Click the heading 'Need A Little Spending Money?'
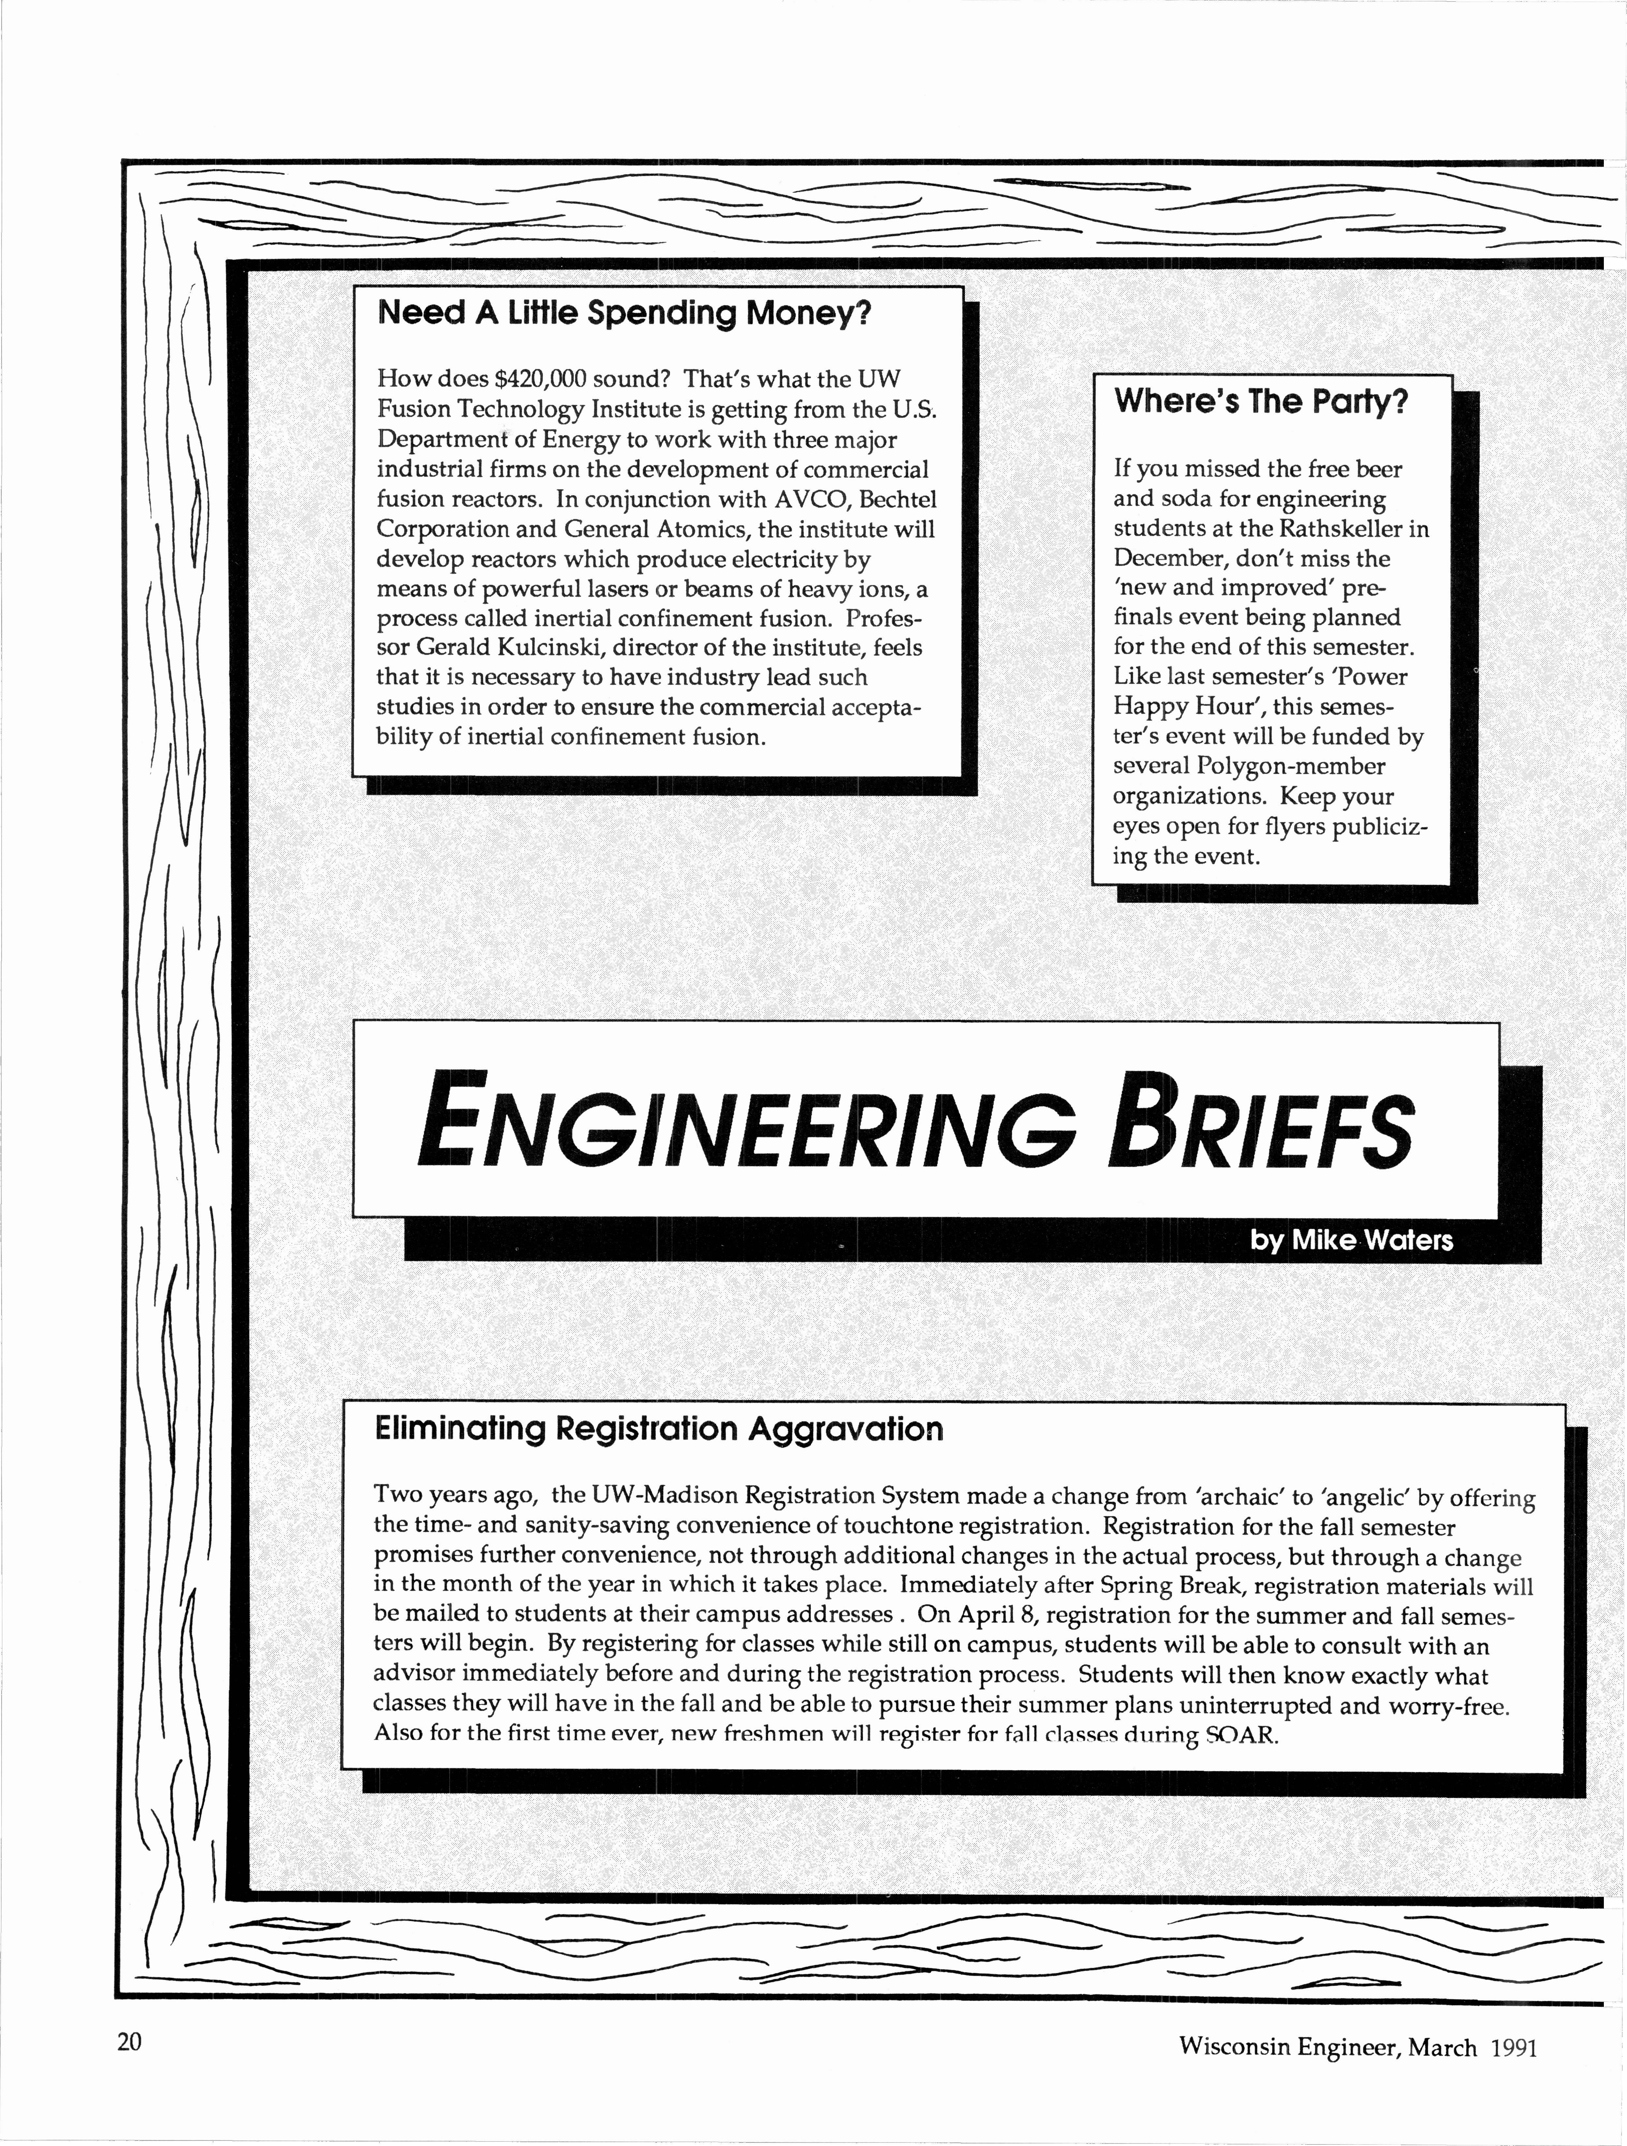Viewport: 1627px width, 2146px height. click(x=624, y=313)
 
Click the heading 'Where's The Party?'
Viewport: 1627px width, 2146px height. click(x=1260, y=401)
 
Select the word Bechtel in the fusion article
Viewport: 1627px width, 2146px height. click(x=897, y=500)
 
